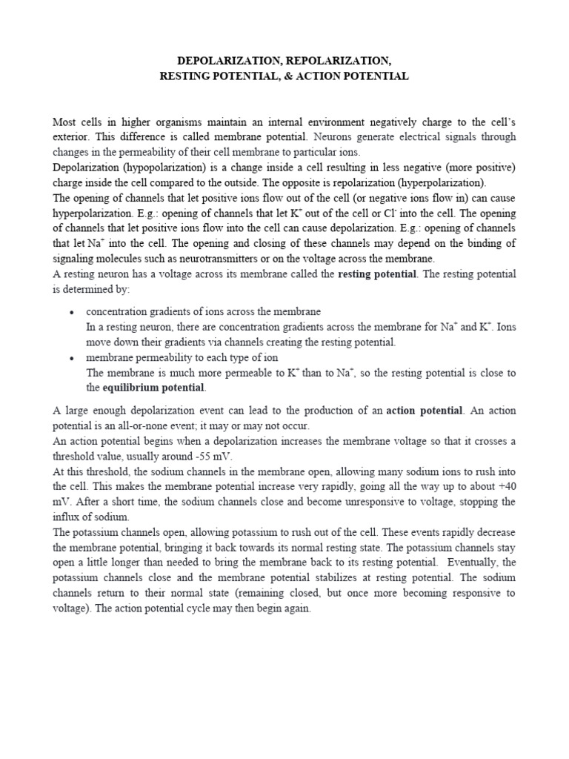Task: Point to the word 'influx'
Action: pyautogui.click(x=66, y=517)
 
